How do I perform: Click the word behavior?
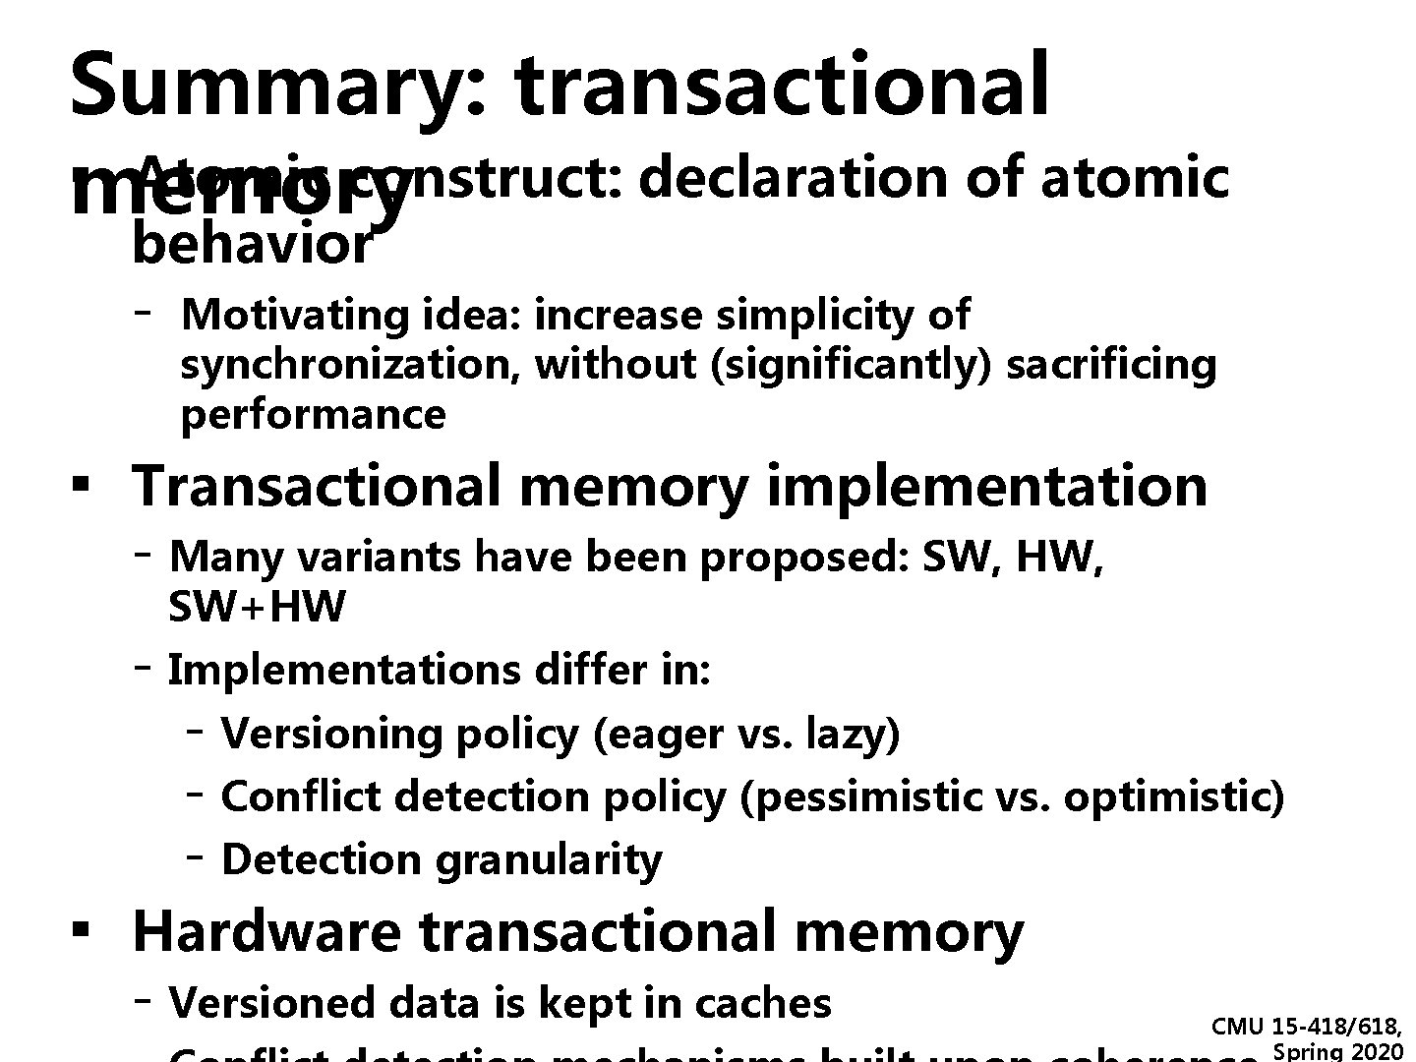point(252,244)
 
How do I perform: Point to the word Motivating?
point(294,316)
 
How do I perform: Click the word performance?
point(313,415)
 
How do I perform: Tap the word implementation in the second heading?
point(986,486)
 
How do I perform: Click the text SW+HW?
point(258,607)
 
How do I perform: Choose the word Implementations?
point(344,671)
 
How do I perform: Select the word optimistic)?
point(1174,797)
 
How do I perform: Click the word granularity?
point(549,860)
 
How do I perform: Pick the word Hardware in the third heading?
point(266,931)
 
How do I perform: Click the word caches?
point(762,1003)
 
